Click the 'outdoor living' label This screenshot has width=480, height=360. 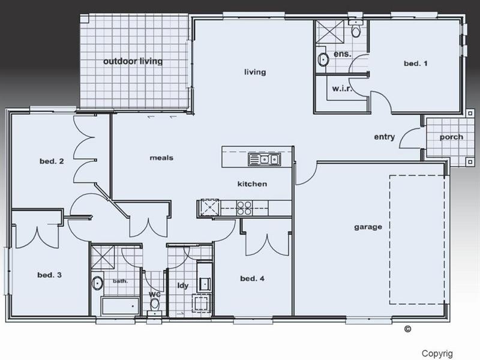click(x=133, y=61)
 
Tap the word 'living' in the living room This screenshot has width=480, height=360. click(x=254, y=73)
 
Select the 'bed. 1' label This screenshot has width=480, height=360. click(x=415, y=63)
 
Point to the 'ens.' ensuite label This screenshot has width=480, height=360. click(x=342, y=54)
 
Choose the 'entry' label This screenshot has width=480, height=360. click(x=384, y=137)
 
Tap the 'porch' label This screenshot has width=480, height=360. click(x=451, y=137)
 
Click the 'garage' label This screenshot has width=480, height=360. click(x=368, y=227)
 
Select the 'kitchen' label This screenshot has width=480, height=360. click(x=252, y=184)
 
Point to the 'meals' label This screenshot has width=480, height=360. click(x=161, y=158)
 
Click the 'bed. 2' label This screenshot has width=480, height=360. click(x=52, y=161)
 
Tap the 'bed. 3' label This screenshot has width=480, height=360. click(x=50, y=275)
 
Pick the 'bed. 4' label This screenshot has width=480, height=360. click(x=252, y=278)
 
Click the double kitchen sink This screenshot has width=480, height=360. click(x=264, y=160)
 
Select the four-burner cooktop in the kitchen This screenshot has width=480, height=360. click(x=244, y=208)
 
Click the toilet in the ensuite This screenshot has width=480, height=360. click(x=355, y=31)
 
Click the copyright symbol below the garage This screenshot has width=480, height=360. click(x=407, y=328)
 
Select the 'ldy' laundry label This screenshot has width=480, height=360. click(x=182, y=286)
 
